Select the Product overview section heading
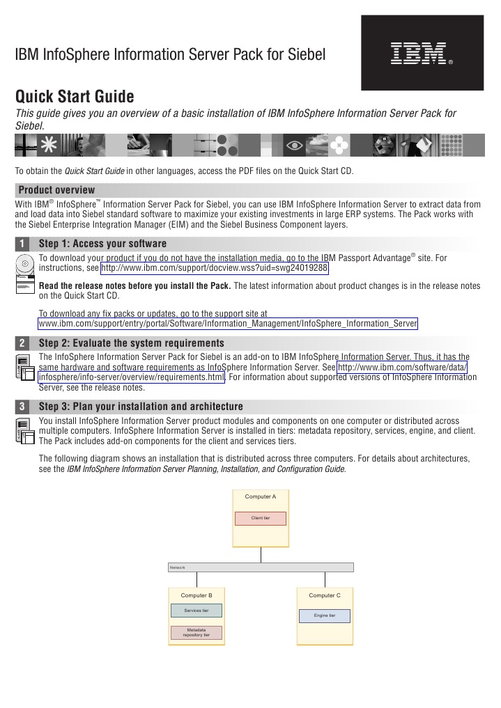(56, 190)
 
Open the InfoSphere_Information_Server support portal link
(228, 324)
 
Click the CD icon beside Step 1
(25, 265)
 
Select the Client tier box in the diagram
(260, 519)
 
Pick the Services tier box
(196, 611)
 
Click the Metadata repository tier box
(196, 633)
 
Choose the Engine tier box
(325, 616)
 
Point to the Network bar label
(178, 567)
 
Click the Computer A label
(261, 497)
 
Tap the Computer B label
(196, 596)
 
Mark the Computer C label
(325, 596)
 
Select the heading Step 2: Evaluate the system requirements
(131, 343)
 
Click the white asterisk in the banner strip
(49, 145)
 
